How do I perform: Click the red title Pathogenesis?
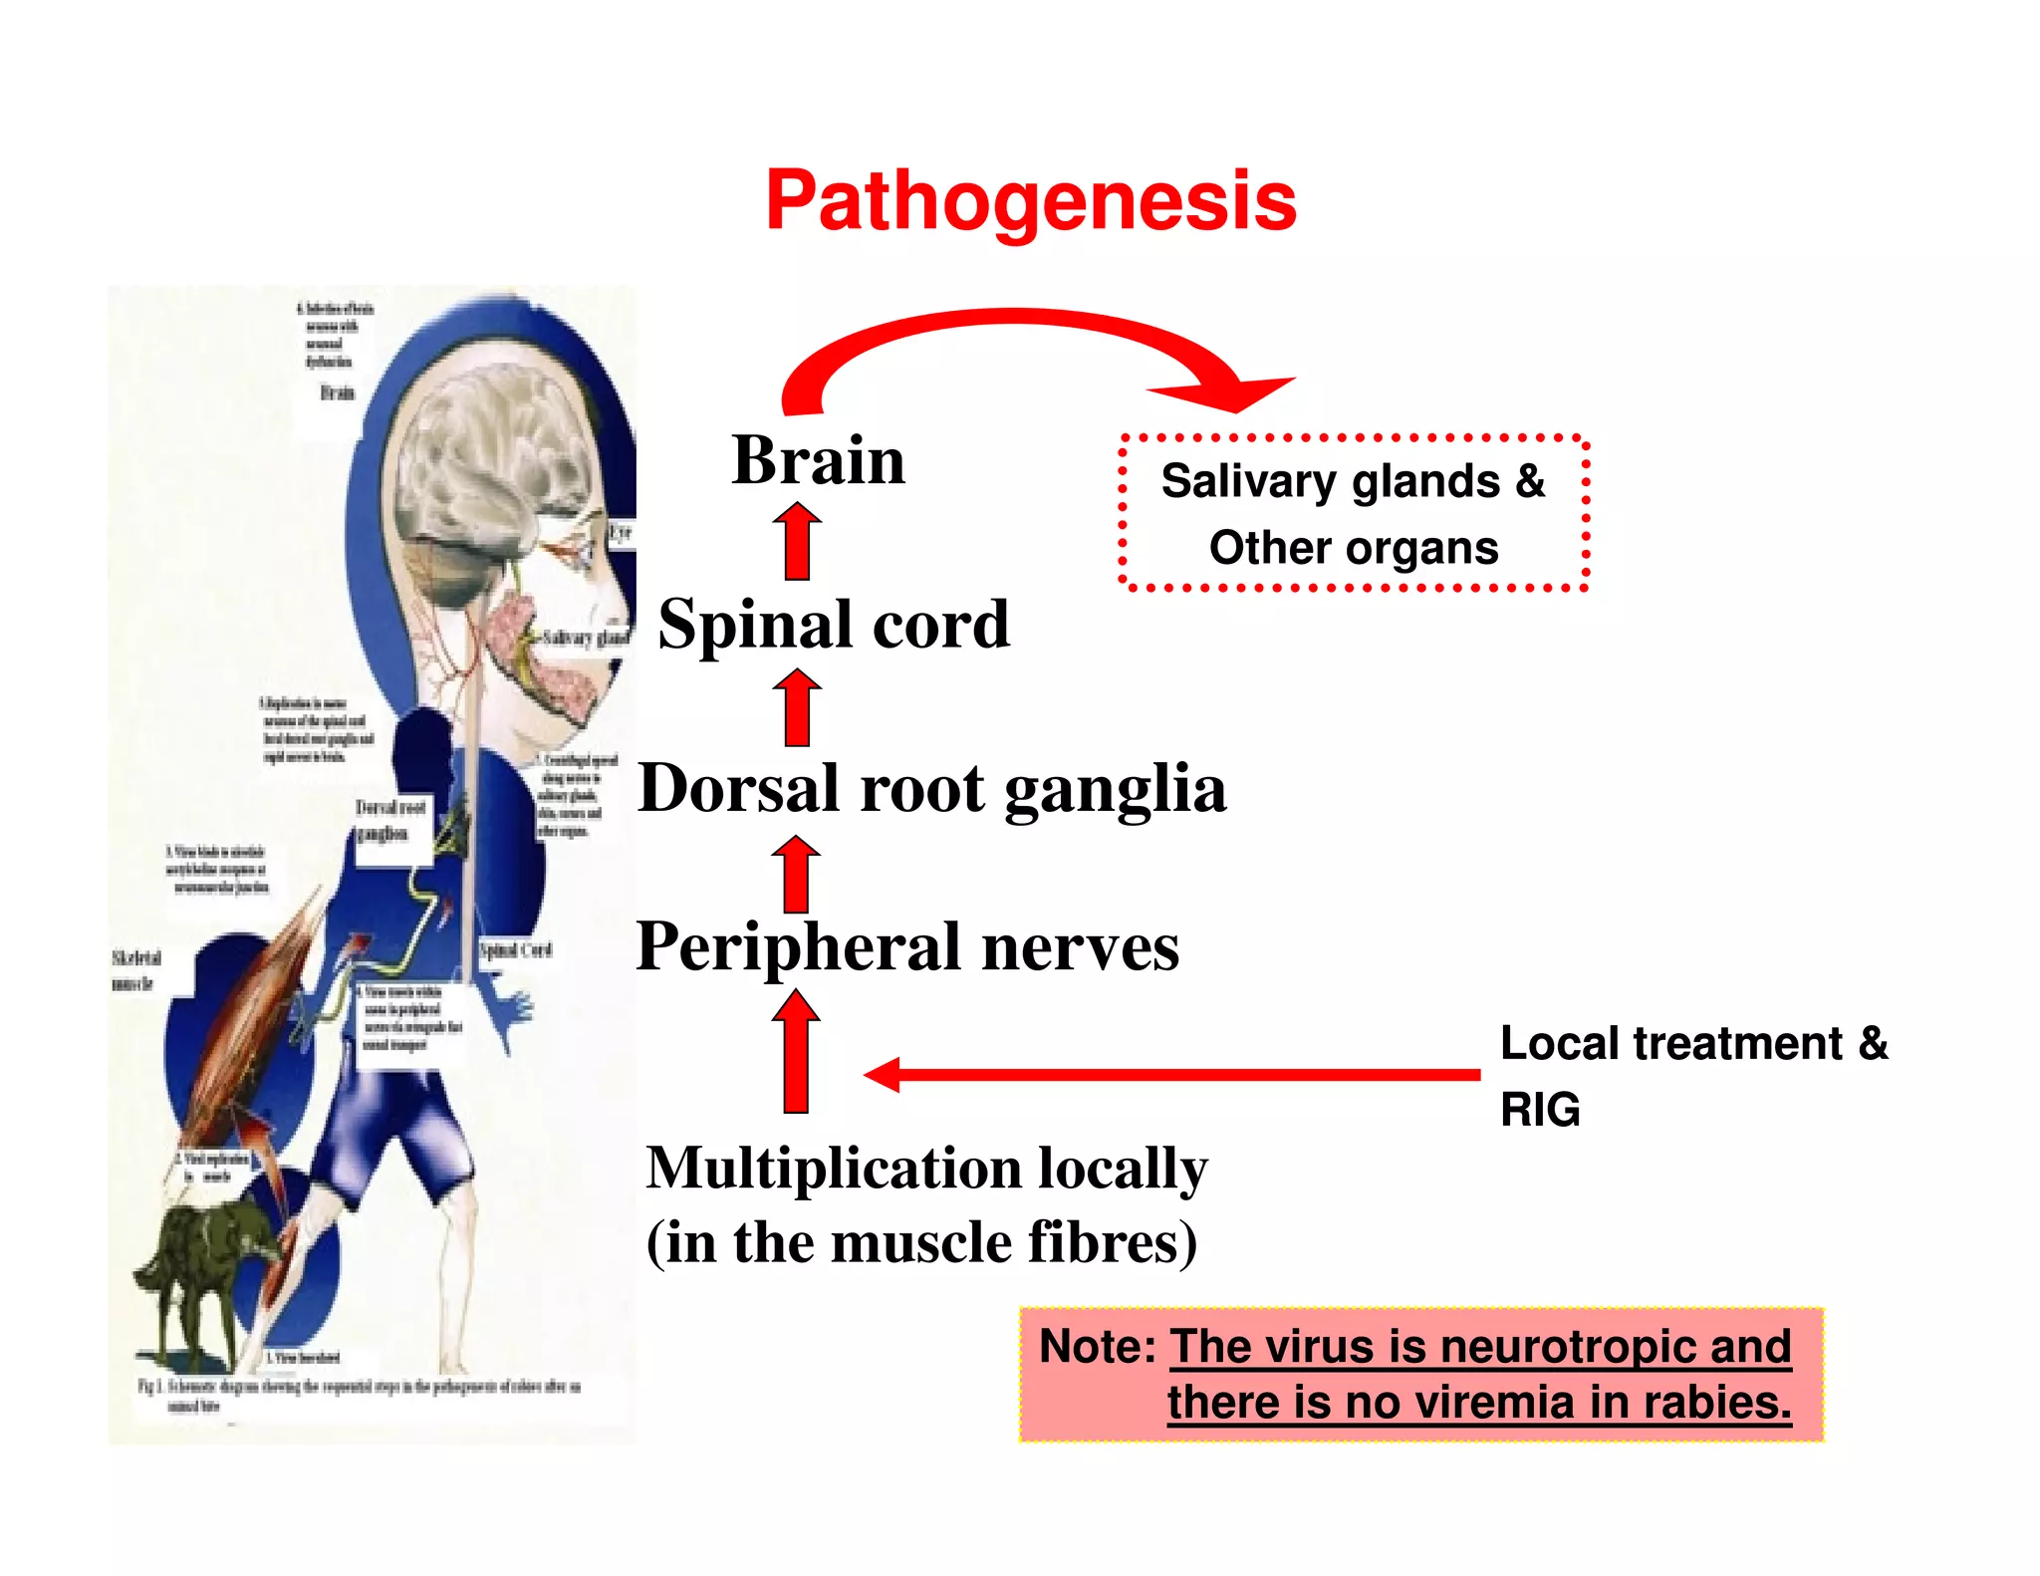pos(1031,201)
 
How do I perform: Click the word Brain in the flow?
pos(819,460)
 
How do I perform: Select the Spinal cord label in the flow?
pos(834,625)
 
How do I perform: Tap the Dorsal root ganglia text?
pos(931,789)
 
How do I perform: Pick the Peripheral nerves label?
pos(907,946)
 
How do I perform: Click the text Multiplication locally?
pos(926,1168)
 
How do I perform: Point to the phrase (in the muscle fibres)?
pos(921,1242)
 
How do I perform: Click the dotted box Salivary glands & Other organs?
pos(1353,514)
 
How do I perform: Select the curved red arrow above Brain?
pos(1016,334)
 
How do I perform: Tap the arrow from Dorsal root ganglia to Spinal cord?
pos(797,708)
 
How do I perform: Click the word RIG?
pos(1540,1110)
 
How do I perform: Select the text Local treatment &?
pos(1693,1044)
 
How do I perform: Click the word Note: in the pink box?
pos(1097,1347)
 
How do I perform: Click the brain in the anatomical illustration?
pos(488,438)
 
